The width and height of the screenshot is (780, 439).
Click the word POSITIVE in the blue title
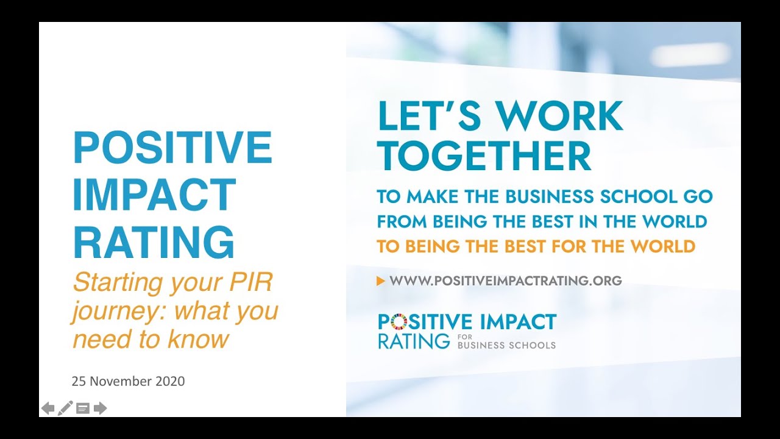(x=172, y=148)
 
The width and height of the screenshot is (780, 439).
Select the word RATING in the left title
(x=154, y=242)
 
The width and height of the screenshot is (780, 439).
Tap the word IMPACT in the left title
(x=154, y=195)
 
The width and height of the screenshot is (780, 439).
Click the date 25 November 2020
(x=128, y=382)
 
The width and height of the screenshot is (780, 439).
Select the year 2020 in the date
(x=170, y=382)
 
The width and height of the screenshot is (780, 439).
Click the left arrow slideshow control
(x=48, y=408)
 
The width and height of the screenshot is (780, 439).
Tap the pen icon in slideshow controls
(x=65, y=407)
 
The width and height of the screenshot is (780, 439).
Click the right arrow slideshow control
(x=101, y=408)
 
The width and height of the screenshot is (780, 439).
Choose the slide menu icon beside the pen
(x=83, y=408)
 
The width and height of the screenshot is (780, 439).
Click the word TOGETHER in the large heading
(x=484, y=156)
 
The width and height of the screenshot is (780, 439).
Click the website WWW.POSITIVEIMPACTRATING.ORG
(x=505, y=280)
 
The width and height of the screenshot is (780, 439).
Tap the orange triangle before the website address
(x=381, y=280)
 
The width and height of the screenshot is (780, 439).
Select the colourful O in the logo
(x=397, y=321)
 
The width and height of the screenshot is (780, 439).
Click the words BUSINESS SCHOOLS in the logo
(x=506, y=345)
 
